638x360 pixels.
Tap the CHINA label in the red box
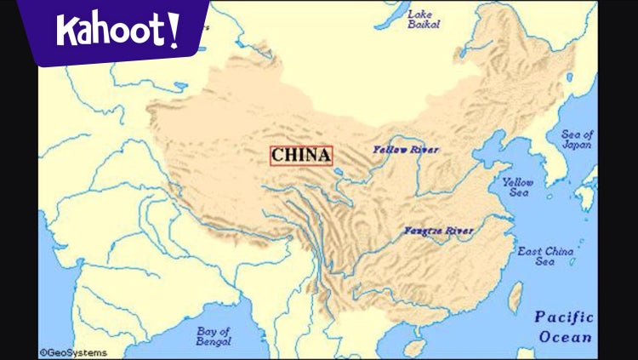click(x=301, y=156)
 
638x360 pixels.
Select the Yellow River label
click(x=406, y=150)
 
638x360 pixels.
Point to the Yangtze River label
click(x=438, y=231)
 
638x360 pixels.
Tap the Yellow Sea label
click(x=517, y=187)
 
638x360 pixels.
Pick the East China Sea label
click(x=545, y=256)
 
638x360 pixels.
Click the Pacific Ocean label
click(x=563, y=327)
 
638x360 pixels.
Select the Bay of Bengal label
click(x=214, y=336)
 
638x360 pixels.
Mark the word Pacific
click(x=563, y=317)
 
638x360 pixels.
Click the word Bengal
click(x=214, y=342)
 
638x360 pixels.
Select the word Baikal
click(x=423, y=26)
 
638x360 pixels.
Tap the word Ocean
click(x=565, y=337)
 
